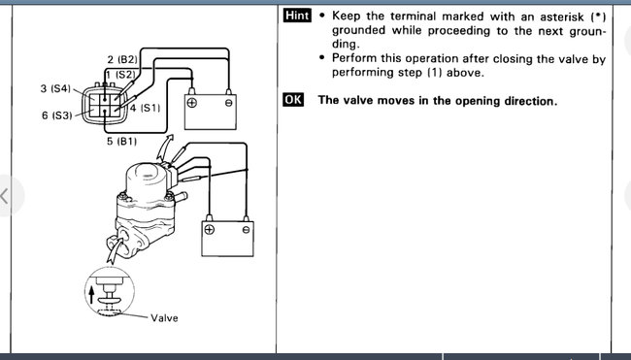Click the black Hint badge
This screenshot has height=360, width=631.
click(297, 16)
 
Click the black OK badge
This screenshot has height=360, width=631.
click(293, 100)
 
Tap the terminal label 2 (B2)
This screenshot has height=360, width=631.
click(122, 60)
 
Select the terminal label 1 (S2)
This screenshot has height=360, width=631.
click(120, 75)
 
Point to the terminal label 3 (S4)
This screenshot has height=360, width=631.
click(55, 88)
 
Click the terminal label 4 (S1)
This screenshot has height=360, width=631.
click(145, 108)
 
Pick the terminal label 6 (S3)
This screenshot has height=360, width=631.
click(56, 115)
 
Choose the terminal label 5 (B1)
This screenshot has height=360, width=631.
click(122, 141)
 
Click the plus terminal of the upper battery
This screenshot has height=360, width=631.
click(192, 103)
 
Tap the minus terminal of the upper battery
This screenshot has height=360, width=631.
click(228, 103)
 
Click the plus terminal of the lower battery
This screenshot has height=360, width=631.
click(210, 230)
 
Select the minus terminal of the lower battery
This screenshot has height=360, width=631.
click(246, 230)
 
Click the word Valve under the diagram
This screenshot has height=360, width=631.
click(164, 317)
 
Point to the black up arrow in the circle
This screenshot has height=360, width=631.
click(91, 294)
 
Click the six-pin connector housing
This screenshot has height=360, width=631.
click(104, 104)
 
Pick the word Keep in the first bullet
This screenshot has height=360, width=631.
click(347, 16)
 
